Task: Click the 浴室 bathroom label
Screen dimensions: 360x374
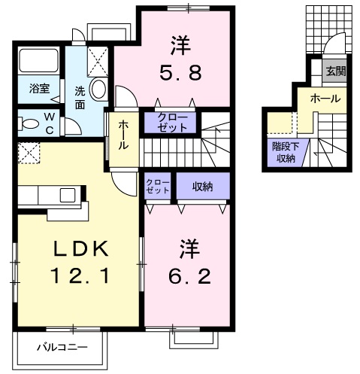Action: point(39,88)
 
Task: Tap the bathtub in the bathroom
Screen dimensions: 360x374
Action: point(39,60)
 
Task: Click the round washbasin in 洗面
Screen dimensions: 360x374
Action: point(98,88)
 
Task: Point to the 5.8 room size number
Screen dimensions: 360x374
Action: point(180,73)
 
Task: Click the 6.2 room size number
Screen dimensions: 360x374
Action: point(189,277)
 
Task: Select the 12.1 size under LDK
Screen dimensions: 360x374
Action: point(80,275)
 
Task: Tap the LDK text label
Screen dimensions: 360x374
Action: point(80,248)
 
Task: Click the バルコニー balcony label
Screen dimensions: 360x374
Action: point(62,348)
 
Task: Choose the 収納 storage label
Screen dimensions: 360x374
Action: point(203,187)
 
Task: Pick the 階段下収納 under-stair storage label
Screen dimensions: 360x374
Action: point(286,153)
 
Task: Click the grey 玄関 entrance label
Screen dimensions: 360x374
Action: point(335,71)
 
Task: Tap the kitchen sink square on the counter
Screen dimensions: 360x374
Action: point(68,195)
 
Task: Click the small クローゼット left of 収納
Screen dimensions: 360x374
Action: point(158,187)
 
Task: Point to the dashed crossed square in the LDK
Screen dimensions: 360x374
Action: point(29,153)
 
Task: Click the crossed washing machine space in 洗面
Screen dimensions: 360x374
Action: point(98,62)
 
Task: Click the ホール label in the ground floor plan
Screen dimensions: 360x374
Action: point(325,99)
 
